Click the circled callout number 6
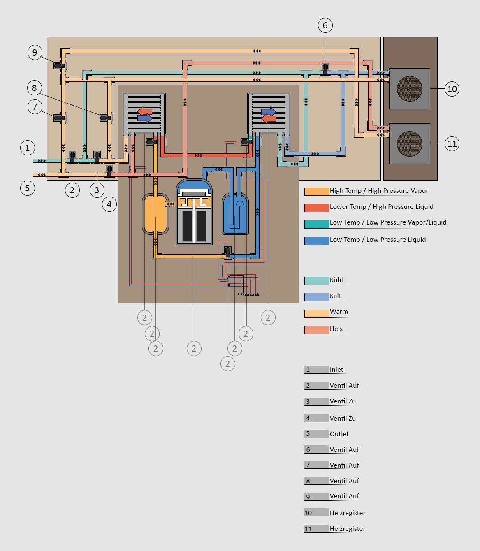325,25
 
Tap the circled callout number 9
35,52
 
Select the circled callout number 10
452,89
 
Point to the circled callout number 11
452,144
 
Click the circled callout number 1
28,148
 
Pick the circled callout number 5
28,188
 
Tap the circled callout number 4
109,204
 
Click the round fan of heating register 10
409,88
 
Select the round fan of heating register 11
409,144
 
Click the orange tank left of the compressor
155,214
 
